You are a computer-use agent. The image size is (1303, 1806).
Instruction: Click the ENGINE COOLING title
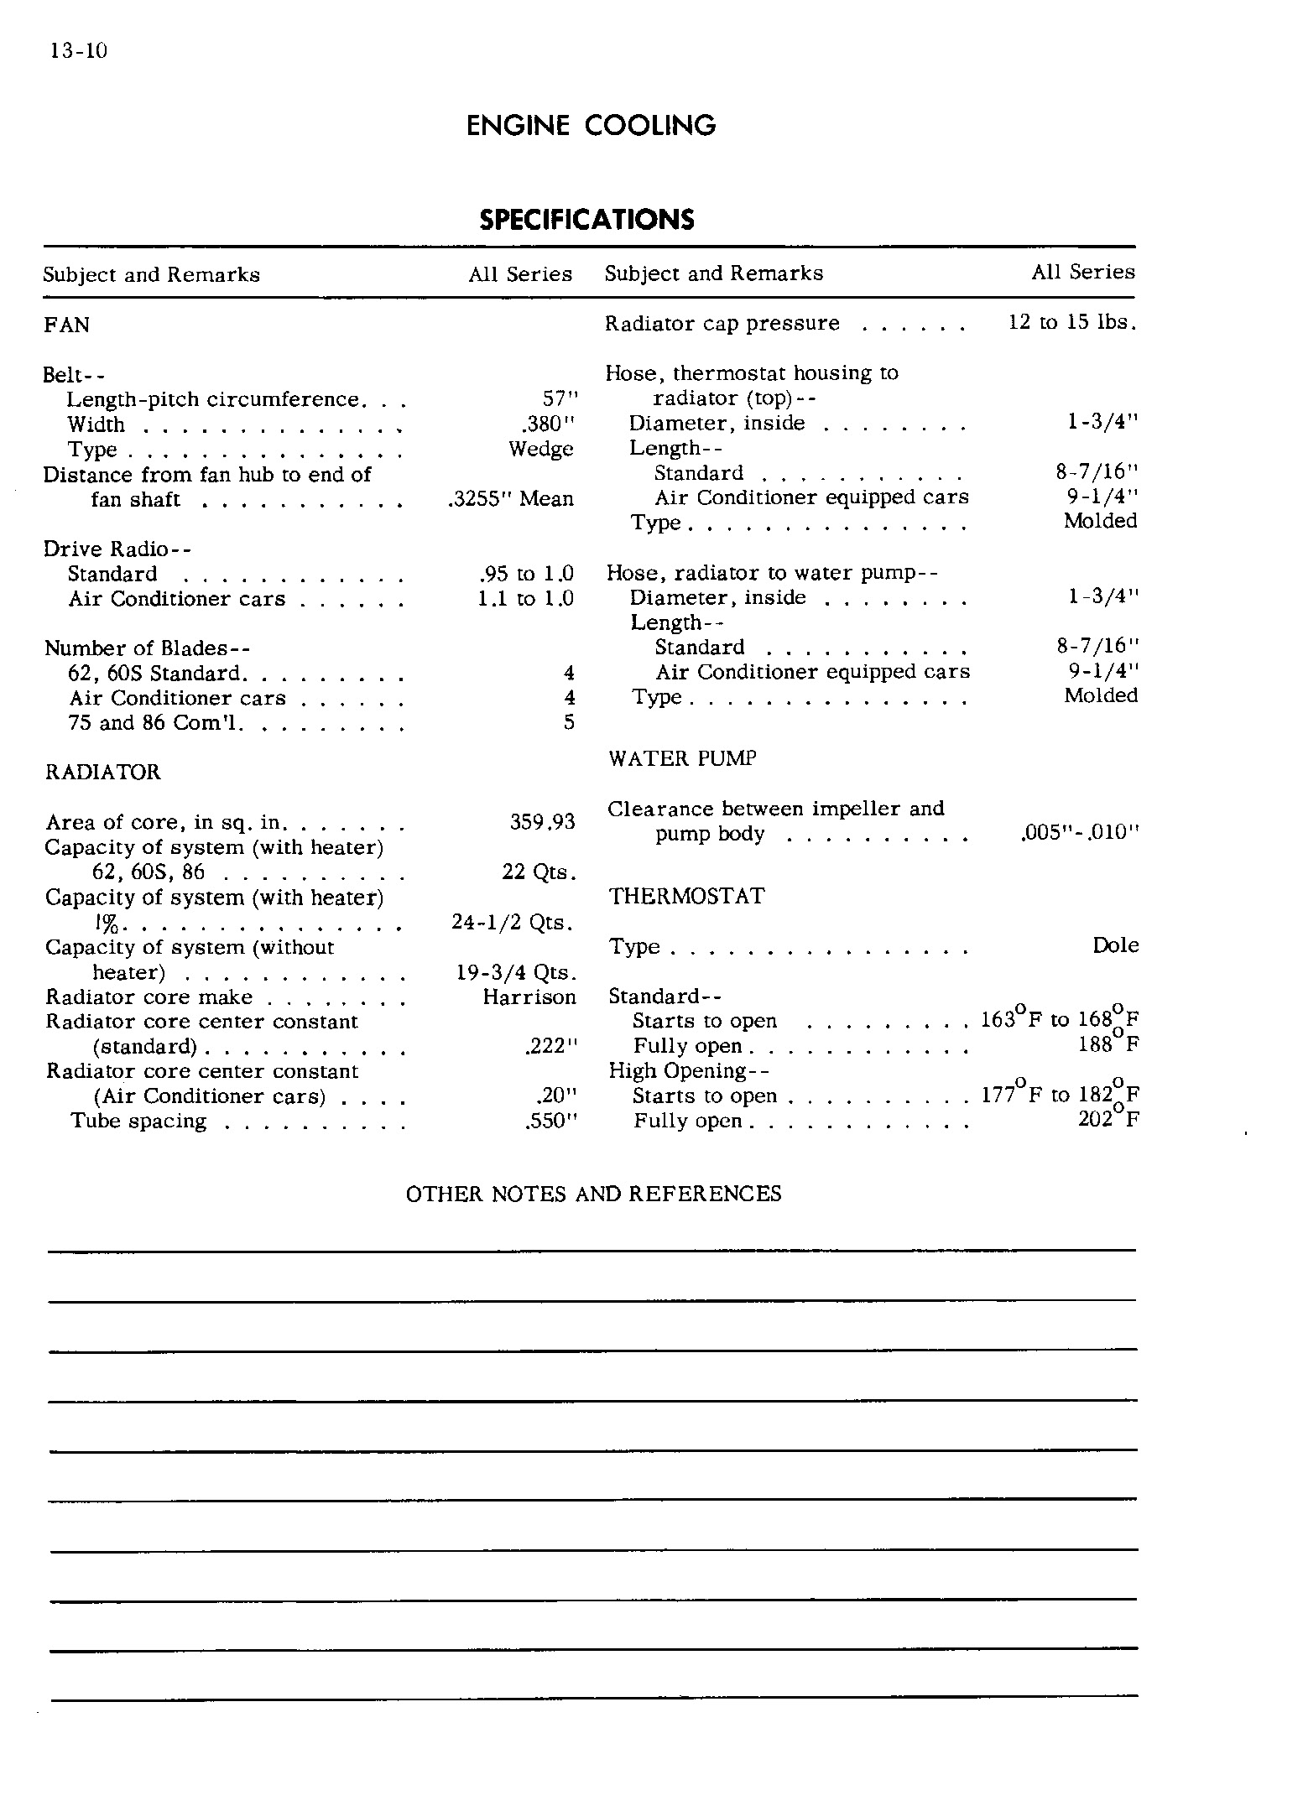(591, 126)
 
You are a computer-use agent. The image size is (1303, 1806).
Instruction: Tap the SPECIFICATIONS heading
(586, 220)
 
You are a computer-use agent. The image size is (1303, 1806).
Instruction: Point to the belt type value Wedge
(541, 449)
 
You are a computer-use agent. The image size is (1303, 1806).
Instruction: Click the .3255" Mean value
(512, 499)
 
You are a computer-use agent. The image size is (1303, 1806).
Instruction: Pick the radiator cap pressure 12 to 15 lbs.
(1072, 323)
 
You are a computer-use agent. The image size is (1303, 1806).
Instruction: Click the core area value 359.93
(542, 822)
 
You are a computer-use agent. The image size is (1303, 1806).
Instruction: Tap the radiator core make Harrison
(529, 997)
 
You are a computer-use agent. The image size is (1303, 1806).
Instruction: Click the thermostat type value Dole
(1115, 946)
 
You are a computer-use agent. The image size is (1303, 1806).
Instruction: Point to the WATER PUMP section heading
(682, 759)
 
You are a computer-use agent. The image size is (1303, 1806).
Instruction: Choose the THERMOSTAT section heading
(686, 897)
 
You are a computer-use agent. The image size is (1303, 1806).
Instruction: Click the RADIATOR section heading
(102, 773)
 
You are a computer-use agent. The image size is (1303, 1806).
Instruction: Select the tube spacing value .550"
(551, 1122)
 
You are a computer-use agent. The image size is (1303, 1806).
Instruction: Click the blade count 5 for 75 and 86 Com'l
(569, 723)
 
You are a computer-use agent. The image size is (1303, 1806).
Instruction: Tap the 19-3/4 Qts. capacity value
(516, 973)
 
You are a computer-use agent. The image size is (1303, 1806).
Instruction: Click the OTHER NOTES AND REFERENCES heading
(593, 1194)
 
